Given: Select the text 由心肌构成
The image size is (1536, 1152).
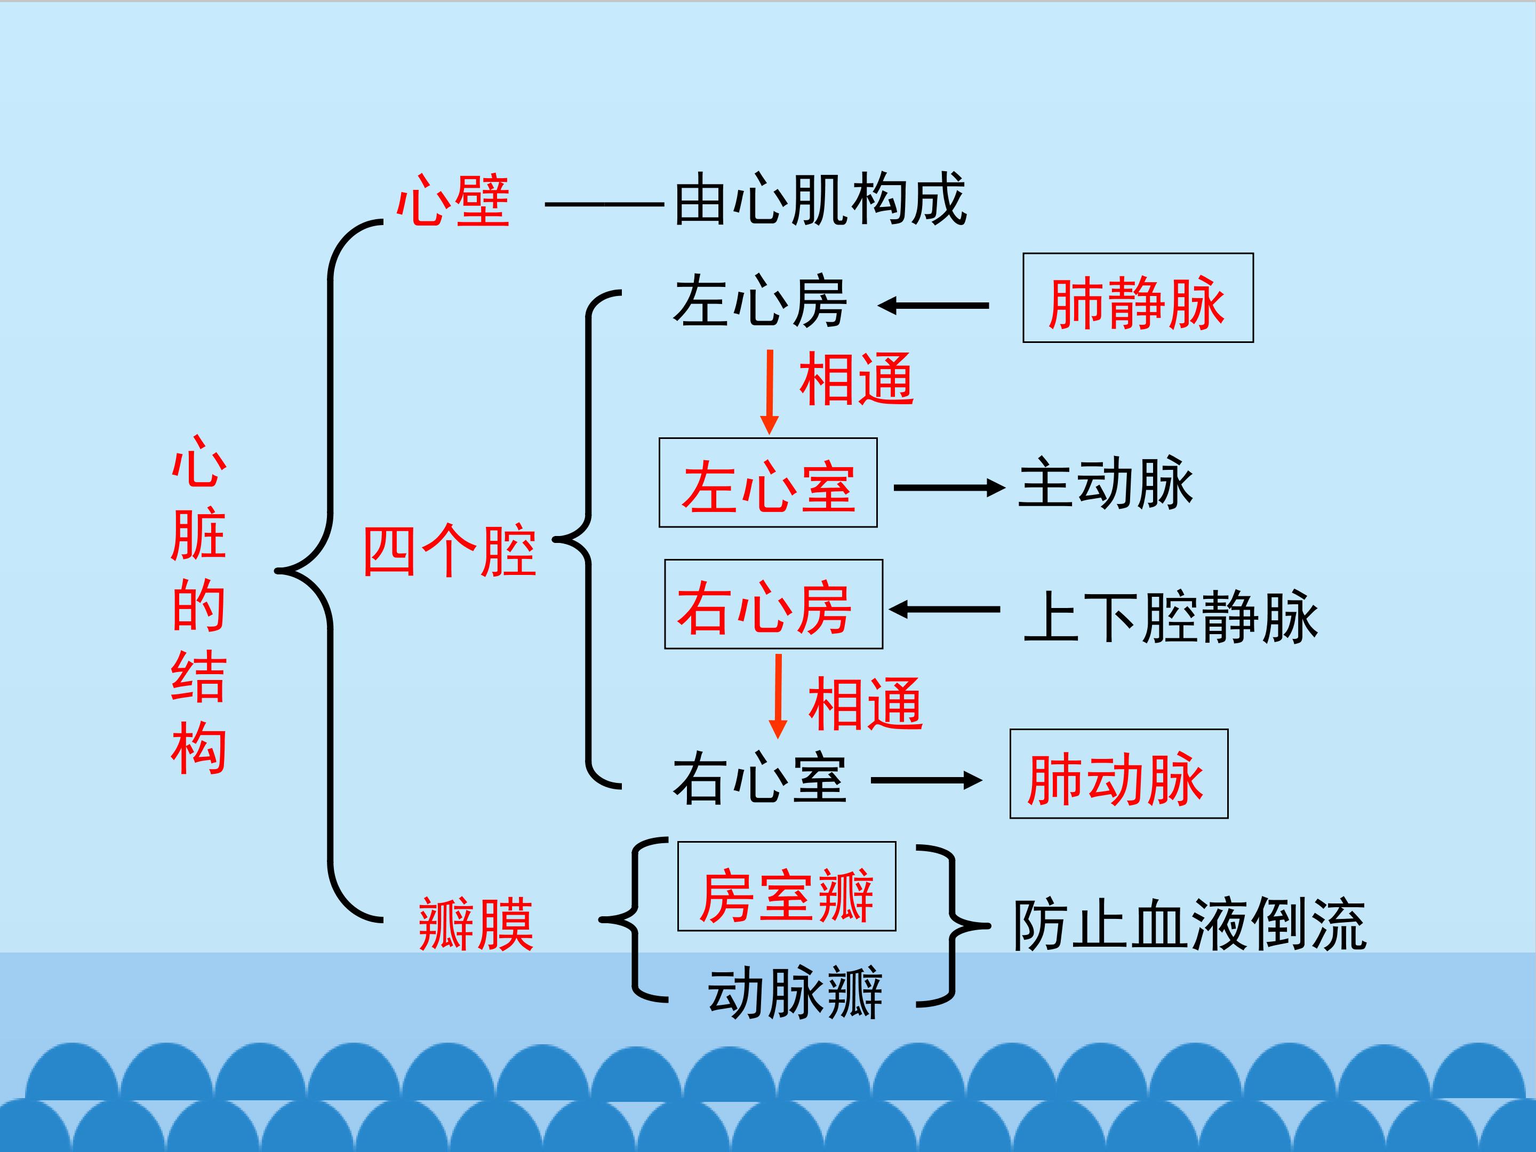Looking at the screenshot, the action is point(820,200).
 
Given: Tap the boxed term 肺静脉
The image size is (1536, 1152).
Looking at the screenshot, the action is point(1138,303).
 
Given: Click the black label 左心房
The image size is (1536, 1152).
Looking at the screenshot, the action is point(759,302).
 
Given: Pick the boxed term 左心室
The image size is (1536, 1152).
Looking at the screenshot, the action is point(768,487).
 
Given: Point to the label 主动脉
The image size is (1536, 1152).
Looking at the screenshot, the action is point(1106,484).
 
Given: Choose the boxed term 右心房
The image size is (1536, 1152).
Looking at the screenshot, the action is point(764,609).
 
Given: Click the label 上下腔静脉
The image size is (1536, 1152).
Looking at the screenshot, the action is point(1171,617).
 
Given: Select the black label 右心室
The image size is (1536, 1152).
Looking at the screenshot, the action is point(759,779).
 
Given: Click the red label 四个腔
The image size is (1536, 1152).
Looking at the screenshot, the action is point(450,551).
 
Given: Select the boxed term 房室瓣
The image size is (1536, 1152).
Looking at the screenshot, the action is point(787,896).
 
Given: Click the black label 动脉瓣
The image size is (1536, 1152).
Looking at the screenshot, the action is point(795,993).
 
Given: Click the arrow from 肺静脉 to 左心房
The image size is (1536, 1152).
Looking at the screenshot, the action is point(933,306).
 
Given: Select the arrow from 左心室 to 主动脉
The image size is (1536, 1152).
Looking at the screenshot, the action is point(949,488).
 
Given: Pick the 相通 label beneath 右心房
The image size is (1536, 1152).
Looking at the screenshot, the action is point(865,704).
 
